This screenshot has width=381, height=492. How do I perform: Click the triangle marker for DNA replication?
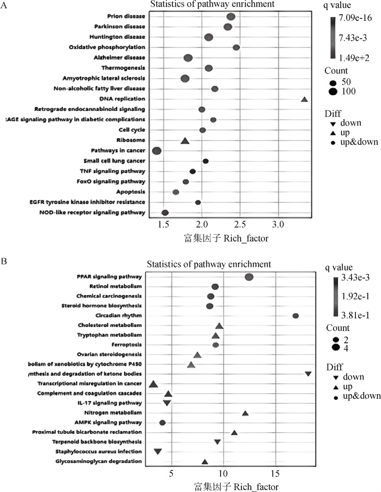[304, 99]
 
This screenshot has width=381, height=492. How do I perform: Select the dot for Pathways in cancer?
[157, 151]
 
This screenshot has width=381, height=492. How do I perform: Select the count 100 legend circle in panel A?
[331, 91]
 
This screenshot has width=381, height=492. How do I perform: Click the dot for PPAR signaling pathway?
[249, 277]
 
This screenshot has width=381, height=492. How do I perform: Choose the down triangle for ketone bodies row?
[308, 374]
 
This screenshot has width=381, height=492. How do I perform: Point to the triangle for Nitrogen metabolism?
[245, 414]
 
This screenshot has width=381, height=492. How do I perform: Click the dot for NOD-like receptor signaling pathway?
[165, 212]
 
